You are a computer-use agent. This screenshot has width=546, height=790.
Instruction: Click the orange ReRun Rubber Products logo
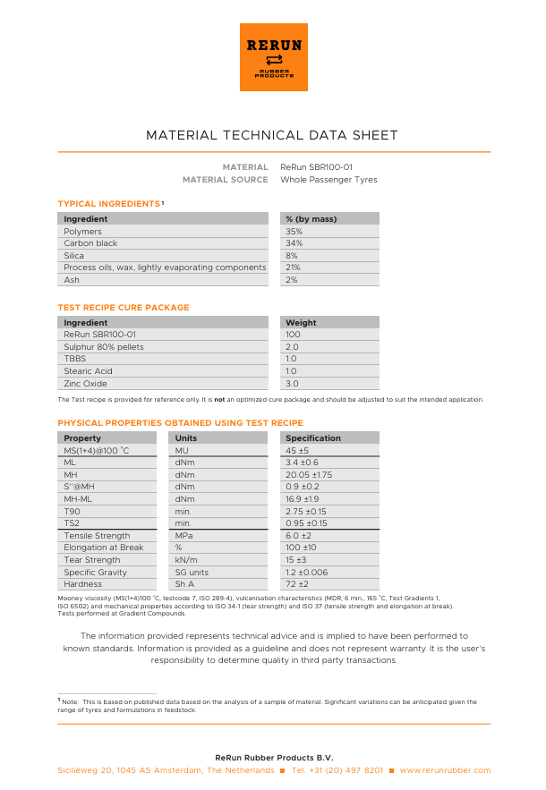[273, 57]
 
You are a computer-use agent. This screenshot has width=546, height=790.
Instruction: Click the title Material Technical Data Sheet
[272, 136]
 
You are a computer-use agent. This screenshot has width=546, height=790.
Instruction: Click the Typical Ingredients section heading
[109, 204]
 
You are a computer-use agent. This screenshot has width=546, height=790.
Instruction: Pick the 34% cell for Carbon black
[294, 243]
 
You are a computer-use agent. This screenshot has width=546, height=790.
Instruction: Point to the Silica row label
[74, 256]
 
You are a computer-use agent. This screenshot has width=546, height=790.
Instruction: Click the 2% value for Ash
[292, 280]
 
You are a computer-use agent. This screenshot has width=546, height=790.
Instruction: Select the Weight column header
[301, 323]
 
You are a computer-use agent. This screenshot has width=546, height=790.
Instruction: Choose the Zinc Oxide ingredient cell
[85, 384]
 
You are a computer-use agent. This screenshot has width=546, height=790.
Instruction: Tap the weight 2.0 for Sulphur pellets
[292, 347]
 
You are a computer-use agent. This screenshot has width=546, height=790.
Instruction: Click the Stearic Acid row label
[88, 371]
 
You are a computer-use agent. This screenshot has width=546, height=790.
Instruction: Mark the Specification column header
[312, 438]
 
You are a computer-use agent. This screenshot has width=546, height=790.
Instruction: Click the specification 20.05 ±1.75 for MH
[309, 474]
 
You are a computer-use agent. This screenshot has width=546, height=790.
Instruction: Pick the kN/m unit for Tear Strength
[186, 560]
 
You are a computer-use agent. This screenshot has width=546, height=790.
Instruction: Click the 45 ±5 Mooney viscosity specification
[297, 451]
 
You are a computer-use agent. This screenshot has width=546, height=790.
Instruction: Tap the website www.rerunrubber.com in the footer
[445, 770]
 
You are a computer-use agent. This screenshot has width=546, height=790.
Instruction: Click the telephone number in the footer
[337, 770]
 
